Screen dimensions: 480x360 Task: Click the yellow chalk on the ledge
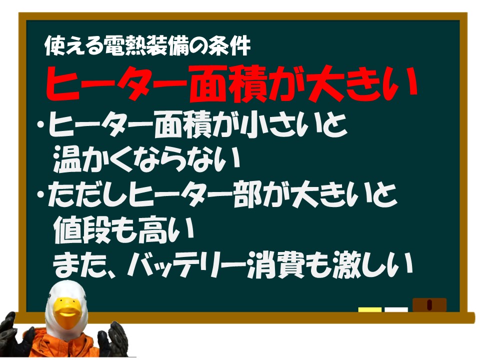pyautogui.click(x=370, y=310)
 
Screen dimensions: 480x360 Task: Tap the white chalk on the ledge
pyautogui.click(x=396, y=310)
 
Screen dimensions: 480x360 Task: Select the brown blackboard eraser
pyautogui.click(x=429, y=305)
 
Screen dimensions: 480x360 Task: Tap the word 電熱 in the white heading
pyautogui.click(x=125, y=46)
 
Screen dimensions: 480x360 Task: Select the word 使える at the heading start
pyautogui.click(x=74, y=46)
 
